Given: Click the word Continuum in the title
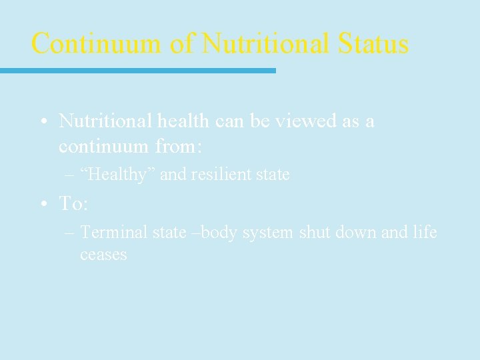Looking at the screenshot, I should click(x=96, y=44).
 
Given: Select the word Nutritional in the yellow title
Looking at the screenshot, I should click(x=265, y=44).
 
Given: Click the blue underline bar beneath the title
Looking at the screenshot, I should click(x=137, y=70).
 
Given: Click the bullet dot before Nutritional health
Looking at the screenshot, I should click(x=43, y=122).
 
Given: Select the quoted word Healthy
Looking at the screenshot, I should click(x=117, y=175).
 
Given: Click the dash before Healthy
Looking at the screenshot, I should click(x=71, y=175).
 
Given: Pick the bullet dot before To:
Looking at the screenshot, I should click(x=43, y=205).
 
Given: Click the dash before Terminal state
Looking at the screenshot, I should click(x=71, y=233).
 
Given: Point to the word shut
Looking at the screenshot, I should click(x=315, y=232).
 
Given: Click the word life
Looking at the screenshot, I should click(x=424, y=232).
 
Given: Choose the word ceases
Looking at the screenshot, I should click(x=103, y=255).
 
